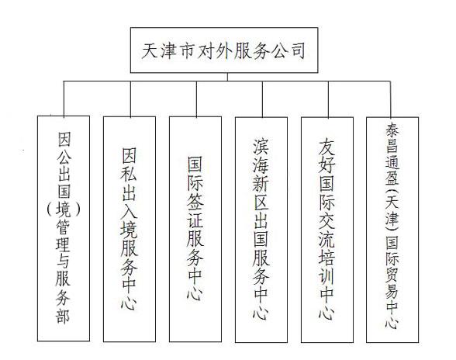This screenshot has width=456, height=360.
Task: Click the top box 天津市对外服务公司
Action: (224, 50)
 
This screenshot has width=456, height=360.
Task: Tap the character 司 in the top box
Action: (297, 50)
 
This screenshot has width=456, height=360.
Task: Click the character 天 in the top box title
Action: (150, 50)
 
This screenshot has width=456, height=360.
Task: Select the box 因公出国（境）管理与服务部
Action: (64, 228)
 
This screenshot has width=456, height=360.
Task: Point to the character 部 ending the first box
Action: (63, 314)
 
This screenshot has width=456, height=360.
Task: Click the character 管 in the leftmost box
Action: (63, 226)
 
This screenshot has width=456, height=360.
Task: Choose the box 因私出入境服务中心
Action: (130, 229)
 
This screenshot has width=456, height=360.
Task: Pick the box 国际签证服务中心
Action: (195, 229)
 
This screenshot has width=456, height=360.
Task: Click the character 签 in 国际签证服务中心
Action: (195, 202)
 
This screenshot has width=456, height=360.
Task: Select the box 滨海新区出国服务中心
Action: (261, 230)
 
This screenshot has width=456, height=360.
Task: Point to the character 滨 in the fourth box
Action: (261, 147)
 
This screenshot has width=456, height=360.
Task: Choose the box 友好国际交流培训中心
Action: (327, 230)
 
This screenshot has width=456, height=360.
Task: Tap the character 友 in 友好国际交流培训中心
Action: (327, 147)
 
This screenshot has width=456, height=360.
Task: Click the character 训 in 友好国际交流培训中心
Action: (327, 276)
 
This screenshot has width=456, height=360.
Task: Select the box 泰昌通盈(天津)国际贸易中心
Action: (392, 230)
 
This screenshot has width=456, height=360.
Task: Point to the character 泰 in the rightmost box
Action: (392, 130)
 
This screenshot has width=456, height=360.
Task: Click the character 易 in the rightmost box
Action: (392, 289)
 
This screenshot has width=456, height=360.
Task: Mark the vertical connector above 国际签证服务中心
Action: (197, 99)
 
